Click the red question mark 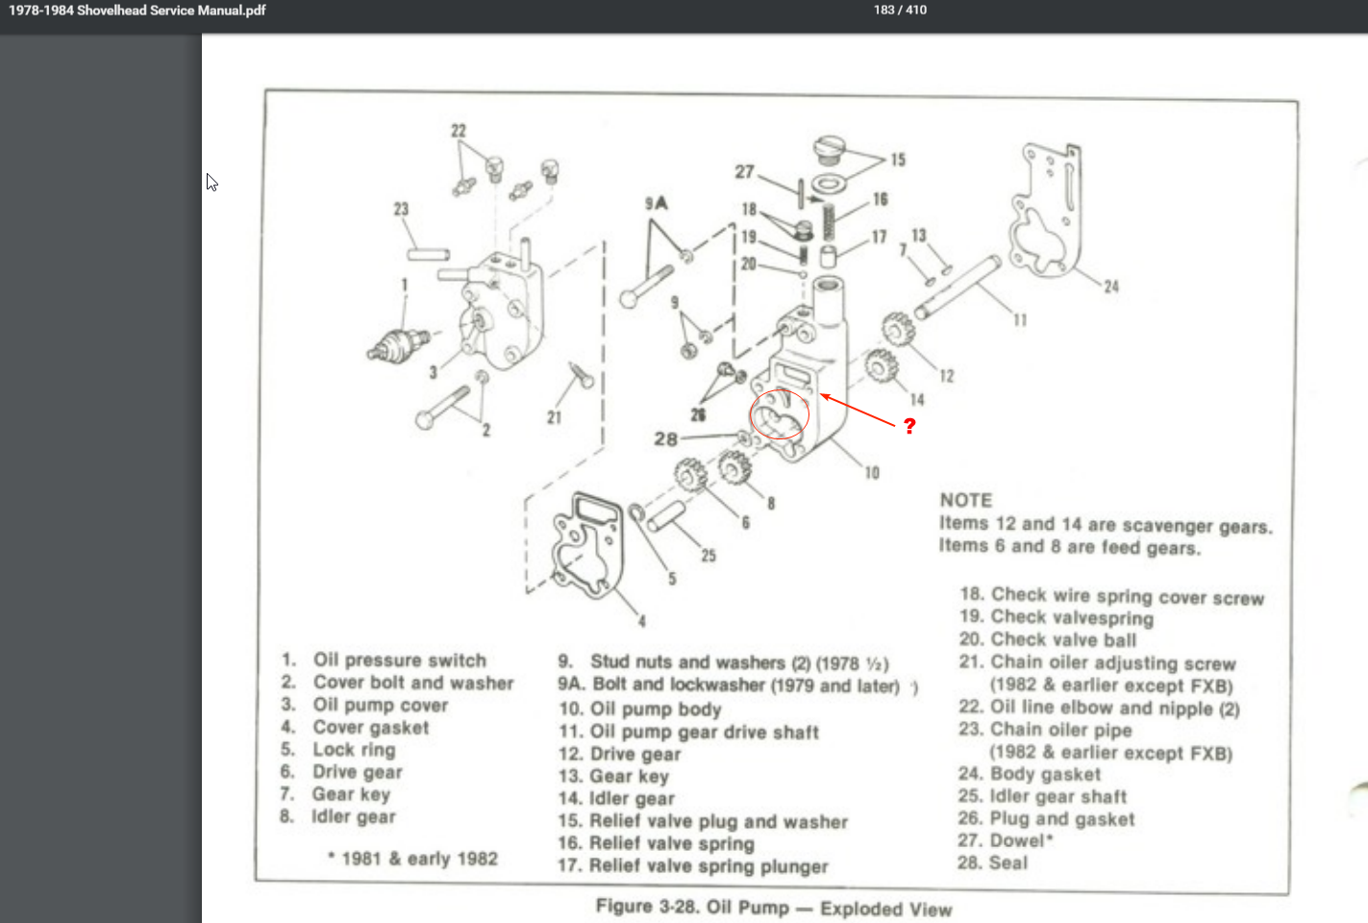coord(909,425)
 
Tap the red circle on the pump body coord(780,414)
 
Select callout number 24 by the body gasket coord(1111,287)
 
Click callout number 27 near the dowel coord(745,172)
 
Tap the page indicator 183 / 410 coord(900,10)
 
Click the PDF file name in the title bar coord(137,11)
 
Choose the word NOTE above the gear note coord(966,500)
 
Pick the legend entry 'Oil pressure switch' coord(399,660)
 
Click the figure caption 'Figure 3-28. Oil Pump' coord(773,908)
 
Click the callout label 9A coord(657,203)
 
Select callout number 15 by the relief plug coord(898,160)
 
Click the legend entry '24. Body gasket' coord(1030,774)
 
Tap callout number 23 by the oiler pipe coord(401,209)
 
